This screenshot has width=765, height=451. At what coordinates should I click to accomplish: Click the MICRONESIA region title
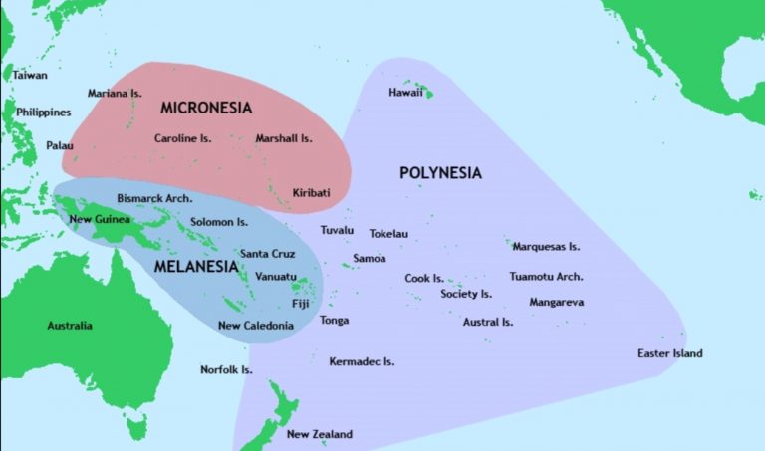[205, 107]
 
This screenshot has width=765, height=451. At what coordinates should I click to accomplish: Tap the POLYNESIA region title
[440, 173]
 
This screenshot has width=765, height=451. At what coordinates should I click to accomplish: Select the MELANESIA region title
[196, 267]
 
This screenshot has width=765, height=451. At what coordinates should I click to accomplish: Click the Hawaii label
[406, 93]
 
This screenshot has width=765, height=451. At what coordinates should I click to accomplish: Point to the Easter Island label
[669, 353]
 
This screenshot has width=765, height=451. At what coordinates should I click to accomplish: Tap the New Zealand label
[319, 434]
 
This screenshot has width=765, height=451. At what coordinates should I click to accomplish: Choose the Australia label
[70, 326]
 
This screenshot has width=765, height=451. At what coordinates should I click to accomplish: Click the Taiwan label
[30, 75]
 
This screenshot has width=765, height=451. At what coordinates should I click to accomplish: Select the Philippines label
[44, 113]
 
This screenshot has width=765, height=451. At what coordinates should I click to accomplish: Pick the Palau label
[59, 145]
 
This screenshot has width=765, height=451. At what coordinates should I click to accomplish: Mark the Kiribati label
[311, 192]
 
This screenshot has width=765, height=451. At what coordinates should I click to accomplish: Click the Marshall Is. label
[284, 138]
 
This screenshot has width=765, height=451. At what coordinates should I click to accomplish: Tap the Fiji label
[301, 303]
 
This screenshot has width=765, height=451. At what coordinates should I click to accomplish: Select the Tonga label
[334, 320]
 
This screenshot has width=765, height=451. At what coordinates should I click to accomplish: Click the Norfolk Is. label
[226, 369]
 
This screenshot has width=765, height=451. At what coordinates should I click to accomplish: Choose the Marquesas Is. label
[546, 246]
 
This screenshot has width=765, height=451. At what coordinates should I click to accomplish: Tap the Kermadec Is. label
[362, 361]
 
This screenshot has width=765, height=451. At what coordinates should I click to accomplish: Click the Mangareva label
[556, 302]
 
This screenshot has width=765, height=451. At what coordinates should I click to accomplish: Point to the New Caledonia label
[255, 326]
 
